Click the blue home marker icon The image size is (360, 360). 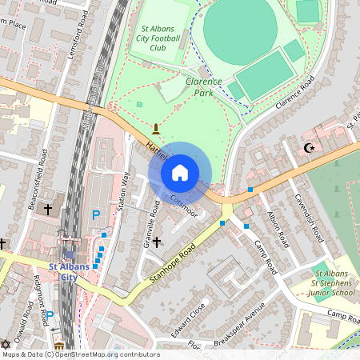point(180,173)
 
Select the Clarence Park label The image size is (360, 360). point(204,86)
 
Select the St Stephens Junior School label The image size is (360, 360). point(331,286)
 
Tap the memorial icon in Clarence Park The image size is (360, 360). point(156,127)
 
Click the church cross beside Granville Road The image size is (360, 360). point(157,241)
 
